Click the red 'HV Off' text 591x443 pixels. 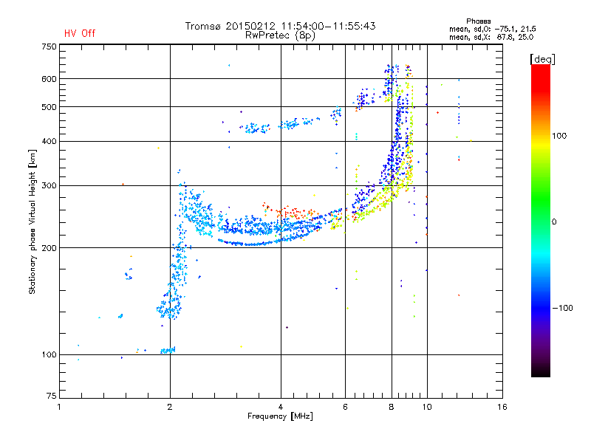coord(80,33)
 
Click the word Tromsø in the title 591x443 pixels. coord(203,26)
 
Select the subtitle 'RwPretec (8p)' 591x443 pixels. coord(280,35)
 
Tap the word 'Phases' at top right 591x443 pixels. coord(478,21)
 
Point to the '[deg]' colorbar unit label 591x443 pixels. coord(542,60)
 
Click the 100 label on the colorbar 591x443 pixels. coord(559,136)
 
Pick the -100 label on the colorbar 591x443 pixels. coord(562,308)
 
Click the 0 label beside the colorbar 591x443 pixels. coord(554,222)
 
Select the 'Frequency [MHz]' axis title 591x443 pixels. coord(280,416)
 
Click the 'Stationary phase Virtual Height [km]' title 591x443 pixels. coord(33,222)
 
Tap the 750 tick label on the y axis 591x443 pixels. coord(49,47)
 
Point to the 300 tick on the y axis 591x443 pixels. coord(49,186)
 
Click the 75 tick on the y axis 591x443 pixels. coord(52,396)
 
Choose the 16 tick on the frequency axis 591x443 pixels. coord(502,407)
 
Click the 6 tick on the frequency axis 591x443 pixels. coord(345,407)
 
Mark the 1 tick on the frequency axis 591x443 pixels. coord(59,407)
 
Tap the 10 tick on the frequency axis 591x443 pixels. coord(427,407)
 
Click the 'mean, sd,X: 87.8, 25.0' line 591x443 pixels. coord(491,38)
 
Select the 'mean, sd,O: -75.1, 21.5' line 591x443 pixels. coord(493,30)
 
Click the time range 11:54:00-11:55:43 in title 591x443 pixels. coord(328,26)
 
